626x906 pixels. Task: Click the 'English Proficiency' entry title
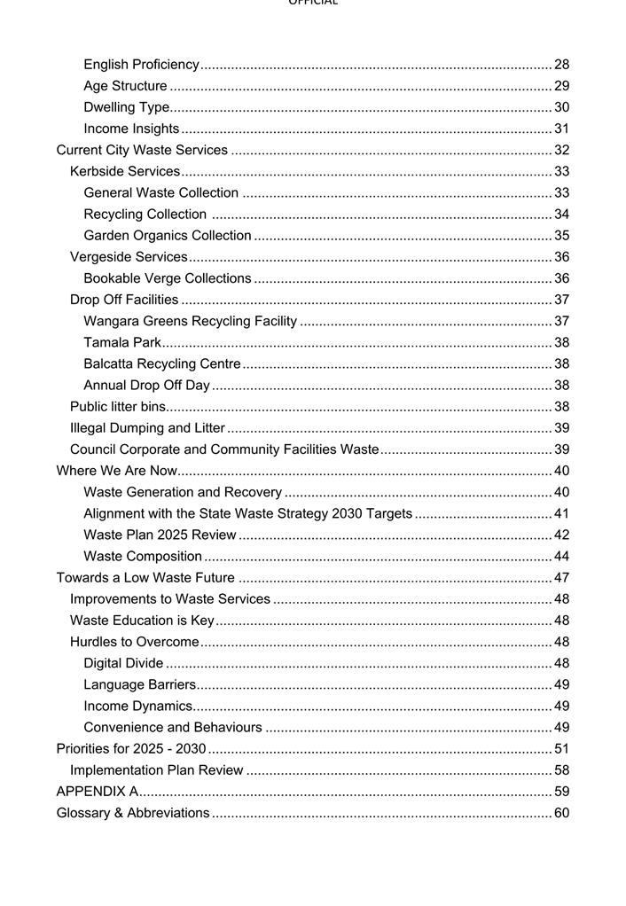coord(141,65)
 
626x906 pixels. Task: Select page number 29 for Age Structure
coord(561,86)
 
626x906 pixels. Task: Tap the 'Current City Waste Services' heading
coord(142,150)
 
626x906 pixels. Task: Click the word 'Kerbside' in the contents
coord(97,171)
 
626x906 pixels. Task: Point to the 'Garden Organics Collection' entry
coord(168,236)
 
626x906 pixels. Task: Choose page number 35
coord(561,236)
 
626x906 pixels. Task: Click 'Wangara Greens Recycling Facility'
coord(190,321)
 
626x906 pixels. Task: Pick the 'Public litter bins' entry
coord(118,407)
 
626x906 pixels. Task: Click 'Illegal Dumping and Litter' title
coord(147,428)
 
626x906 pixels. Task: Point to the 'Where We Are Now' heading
coord(116,471)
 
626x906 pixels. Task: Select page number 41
coord(561,513)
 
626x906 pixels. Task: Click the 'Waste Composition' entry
coord(143,557)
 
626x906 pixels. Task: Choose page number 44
coord(561,557)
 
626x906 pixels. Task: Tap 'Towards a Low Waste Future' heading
coord(145,578)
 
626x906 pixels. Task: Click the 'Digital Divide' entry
coord(123,663)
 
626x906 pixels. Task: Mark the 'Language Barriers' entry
coord(139,684)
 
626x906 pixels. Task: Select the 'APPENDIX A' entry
coord(97,792)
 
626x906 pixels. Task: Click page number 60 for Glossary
coord(561,813)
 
